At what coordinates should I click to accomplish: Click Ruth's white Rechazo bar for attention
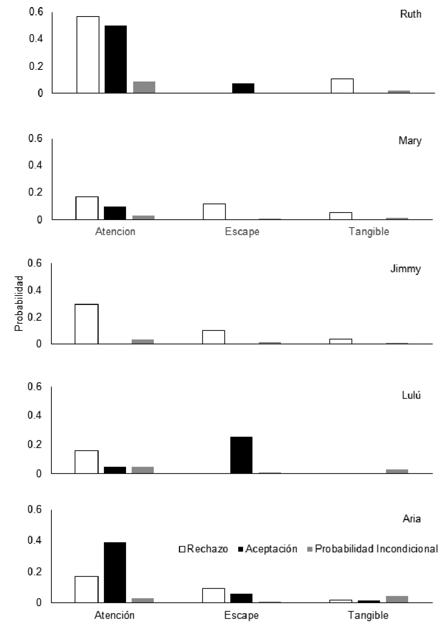pos(88,55)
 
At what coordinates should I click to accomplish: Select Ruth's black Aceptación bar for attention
pos(115,59)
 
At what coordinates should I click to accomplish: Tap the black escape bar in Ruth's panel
pos(243,88)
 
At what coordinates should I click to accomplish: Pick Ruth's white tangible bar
pos(342,86)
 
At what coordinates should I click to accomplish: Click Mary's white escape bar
pos(214,212)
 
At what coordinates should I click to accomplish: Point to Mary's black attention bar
pos(115,213)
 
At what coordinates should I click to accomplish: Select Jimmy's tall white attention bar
pos(87,324)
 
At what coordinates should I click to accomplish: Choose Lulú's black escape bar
pos(241,455)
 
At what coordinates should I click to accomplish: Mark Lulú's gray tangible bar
pos(397,471)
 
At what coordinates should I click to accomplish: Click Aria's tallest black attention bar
pos(115,572)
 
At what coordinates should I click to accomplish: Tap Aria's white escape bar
pos(213,595)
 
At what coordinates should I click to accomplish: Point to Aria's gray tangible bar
pos(397,598)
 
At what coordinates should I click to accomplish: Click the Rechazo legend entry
pos(204,549)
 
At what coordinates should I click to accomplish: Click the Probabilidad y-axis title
pos(19,303)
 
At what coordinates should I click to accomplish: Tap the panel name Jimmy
pos(406,269)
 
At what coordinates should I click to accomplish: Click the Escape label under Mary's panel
pos(242,231)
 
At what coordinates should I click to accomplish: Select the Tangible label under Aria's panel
pos(368,615)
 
